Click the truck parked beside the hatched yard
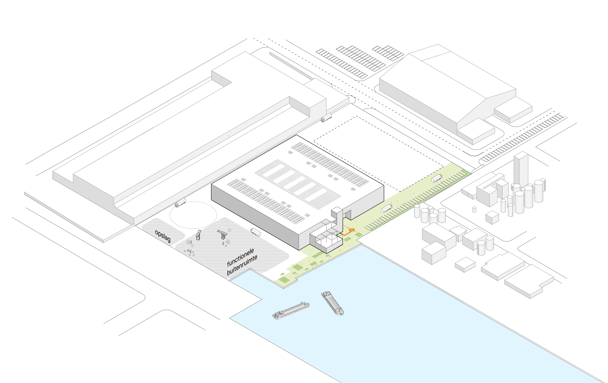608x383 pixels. pos(255,232)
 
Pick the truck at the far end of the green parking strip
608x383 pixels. pos(437,178)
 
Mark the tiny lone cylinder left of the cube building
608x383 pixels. pos(474,209)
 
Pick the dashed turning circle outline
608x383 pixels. pos(193,215)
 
